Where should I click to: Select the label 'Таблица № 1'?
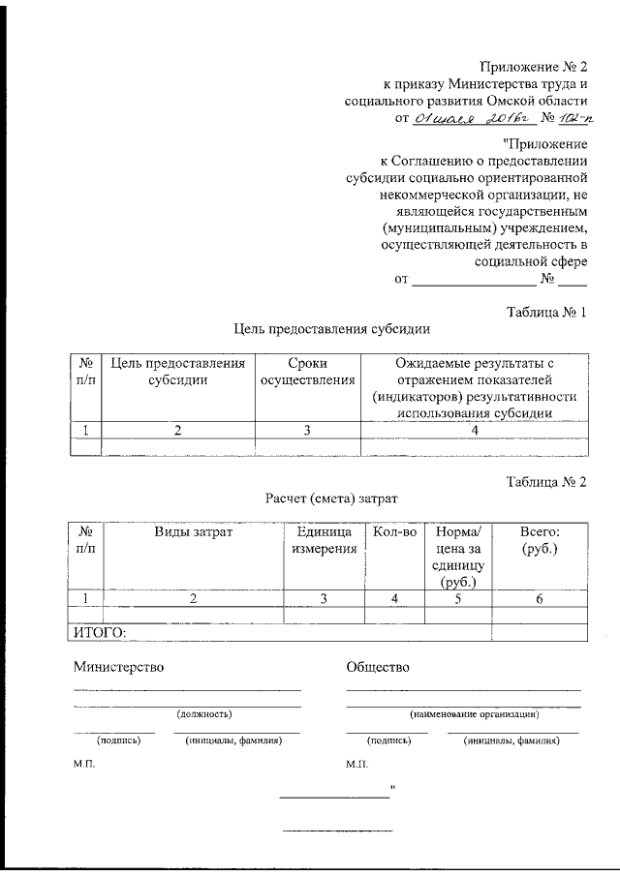[547, 312]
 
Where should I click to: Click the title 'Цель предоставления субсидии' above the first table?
[330, 329]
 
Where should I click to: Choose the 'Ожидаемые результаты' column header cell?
[474, 387]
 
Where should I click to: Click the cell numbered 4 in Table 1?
[474, 431]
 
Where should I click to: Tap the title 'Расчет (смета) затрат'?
[330, 498]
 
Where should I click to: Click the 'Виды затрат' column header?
[193, 532]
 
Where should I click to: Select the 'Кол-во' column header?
[394, 532]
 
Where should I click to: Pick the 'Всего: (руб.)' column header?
[539, 540]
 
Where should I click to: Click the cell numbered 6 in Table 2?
[539, 599]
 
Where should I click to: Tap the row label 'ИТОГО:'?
[101, 632]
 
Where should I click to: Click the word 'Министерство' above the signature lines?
[118, 667]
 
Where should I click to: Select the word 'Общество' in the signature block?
[378, 667]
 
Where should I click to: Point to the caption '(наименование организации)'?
[474, 713]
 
